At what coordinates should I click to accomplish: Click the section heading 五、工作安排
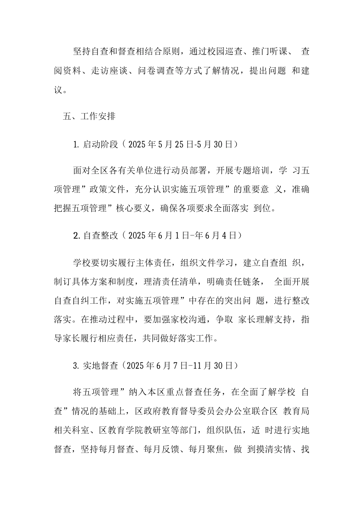89,116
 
